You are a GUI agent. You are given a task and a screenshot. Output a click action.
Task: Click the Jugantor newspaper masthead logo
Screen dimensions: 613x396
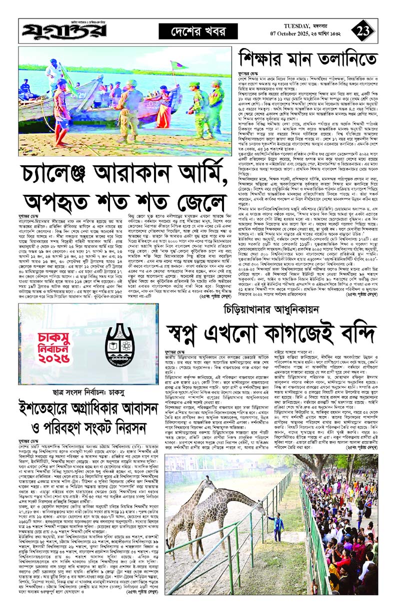point(64,32)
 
